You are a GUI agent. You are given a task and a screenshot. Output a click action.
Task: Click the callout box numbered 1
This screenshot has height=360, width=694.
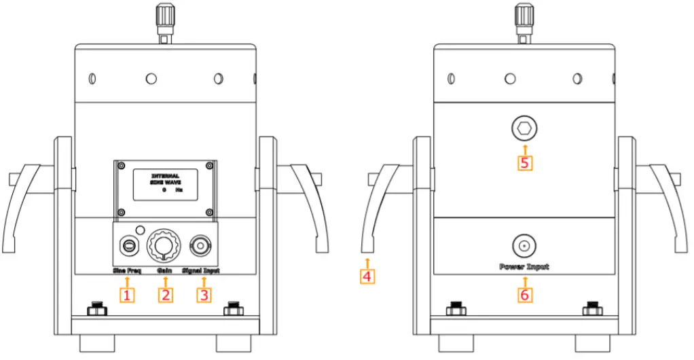[x=127, y=295]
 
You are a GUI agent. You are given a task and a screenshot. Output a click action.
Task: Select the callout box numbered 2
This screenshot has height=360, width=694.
[x=166, y=295]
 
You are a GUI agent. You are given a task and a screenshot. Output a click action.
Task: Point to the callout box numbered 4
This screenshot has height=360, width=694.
[x=367, y=276]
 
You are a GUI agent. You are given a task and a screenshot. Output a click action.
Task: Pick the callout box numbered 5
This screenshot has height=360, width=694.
[x=524, y=163]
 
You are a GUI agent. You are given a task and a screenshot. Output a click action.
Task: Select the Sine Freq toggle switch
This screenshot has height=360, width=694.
[x=128, y=244]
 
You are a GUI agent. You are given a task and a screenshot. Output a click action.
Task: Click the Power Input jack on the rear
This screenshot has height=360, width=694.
[x=524, y=245]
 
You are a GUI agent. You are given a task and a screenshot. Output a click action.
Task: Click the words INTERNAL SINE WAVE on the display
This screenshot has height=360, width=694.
[x=165, y=179]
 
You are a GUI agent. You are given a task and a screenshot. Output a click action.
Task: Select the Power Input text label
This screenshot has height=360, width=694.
[x=524, y=267]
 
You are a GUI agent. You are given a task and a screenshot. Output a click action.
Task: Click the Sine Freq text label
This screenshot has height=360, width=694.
[x=126, y=271]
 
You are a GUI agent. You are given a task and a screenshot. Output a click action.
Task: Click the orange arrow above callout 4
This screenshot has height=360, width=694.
[x=367, y=262]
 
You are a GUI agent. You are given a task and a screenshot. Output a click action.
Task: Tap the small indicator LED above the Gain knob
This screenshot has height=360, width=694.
[x=141, y=229]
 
